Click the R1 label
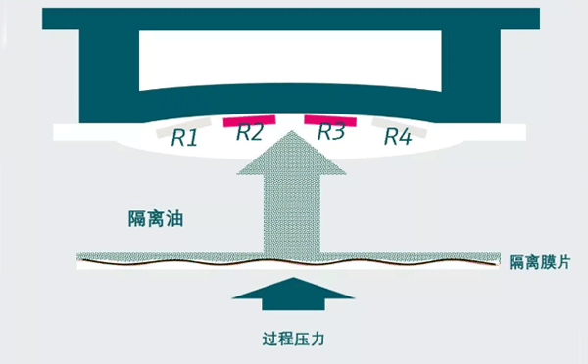[x=184, y=139]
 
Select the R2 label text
[x=250, y=133]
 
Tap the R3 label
[x=331, y=132]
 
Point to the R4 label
[x=396, y=138]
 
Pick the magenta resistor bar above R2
[x=251, y=121]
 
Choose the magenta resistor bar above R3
[x=330, y=120]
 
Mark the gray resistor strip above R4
[x=404, y=126]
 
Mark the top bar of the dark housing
[x=293, y=20]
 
